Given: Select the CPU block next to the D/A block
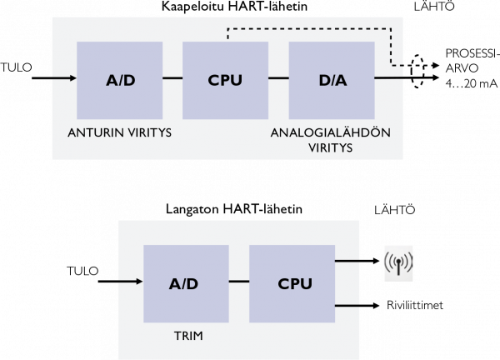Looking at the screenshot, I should point(224,81).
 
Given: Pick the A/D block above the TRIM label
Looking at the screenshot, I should point(183,283).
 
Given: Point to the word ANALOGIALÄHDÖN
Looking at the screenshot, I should point(331,132).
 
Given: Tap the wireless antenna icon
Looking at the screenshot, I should point(397,263).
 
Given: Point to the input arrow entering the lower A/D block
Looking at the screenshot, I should point(130,282).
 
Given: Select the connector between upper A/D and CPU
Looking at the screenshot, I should point(172,79).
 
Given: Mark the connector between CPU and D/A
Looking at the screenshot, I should point(277,79).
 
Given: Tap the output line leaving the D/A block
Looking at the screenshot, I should point(389,79).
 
